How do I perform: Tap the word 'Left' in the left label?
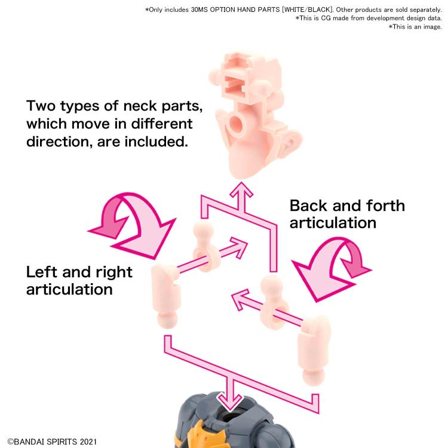[44, 272]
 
